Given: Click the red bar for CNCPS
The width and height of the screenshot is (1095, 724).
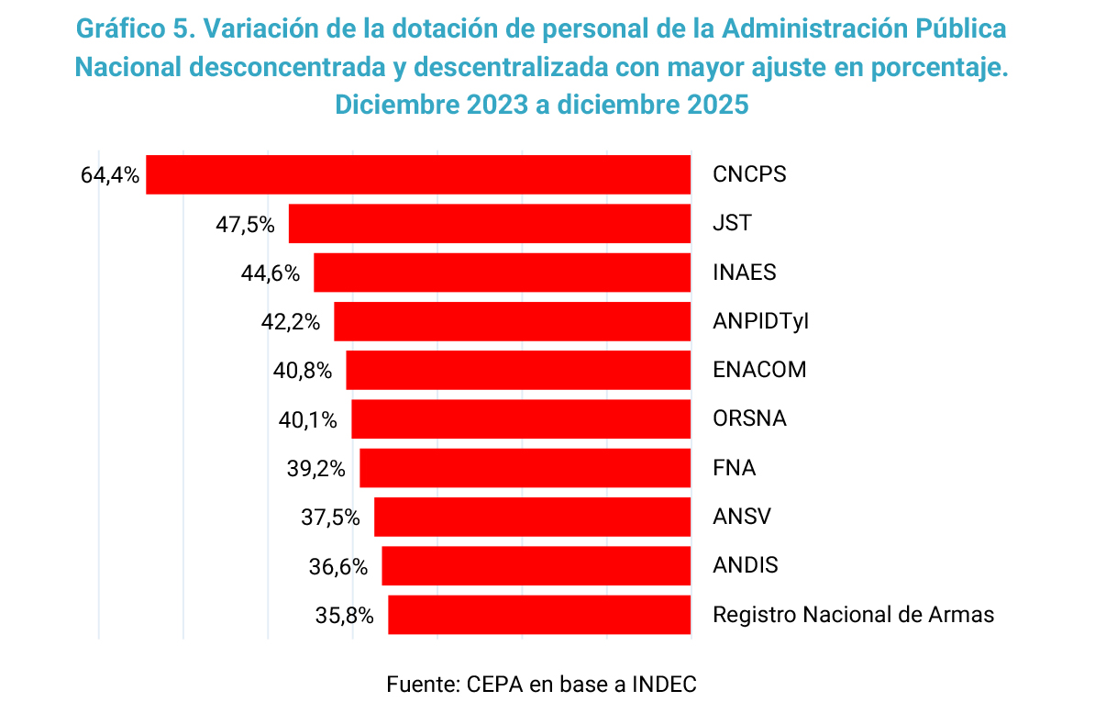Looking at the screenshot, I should (x=418, y=174).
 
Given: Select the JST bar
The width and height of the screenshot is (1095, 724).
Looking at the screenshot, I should (x=490, y=224).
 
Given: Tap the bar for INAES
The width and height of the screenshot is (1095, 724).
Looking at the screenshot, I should (x=502, y=273).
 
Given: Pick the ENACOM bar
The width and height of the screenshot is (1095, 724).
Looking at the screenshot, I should (x=518, y=371).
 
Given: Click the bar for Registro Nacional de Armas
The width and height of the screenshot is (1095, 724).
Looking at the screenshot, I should (x=539, y=615).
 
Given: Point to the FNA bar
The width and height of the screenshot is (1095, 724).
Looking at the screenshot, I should (x=525, y=468).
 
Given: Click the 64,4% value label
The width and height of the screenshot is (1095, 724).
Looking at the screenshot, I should (x=110, y=175).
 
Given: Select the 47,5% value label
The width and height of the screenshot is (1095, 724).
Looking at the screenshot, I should (x=245, y=224).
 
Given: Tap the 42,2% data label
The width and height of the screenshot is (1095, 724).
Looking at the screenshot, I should (x=290, y=322).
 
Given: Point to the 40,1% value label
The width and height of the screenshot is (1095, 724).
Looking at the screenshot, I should (x=307, y=420).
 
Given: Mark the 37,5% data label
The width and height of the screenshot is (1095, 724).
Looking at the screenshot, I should (x=330, y=518).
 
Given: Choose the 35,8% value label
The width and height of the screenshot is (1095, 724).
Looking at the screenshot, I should (x=344, y=616).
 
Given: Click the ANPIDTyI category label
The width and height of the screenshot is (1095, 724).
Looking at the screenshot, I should (x=760, y=322).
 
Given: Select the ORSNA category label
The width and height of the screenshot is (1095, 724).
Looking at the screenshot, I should (x=749, y=419).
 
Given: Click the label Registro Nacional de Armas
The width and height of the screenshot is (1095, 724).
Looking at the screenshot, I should (x=853, y=615).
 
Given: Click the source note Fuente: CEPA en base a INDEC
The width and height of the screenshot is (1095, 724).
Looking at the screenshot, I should (x=542, y=685).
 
